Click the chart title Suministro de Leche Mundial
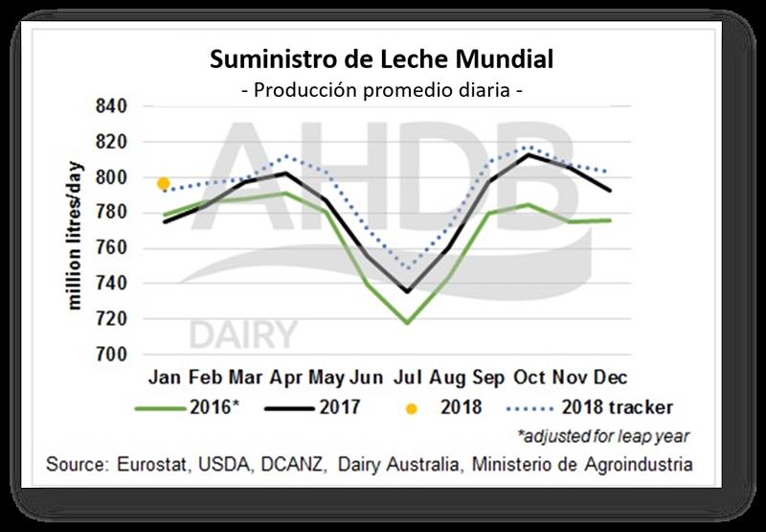pos(382,60)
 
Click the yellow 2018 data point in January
pos(164,183)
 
